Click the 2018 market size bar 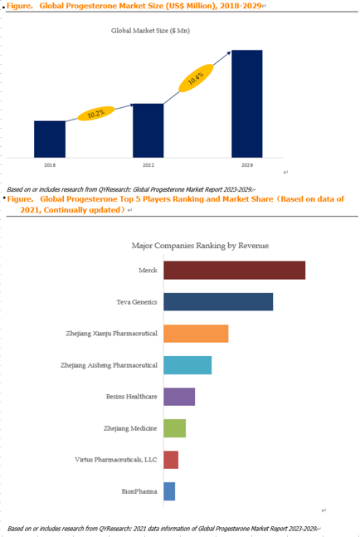click(x=50, y=139)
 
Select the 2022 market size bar click(x=148, y=130)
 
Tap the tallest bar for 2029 click(x=247, y=104)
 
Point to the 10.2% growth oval click(x=96, y=114)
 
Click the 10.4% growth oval click(x=196, y=78)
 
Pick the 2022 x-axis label click(x=148, y=165)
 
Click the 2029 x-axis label click(x=247, y=165)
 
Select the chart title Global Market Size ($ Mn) click(x=150, y=31)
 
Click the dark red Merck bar click(x=235, y=271)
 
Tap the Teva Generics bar click(x=218, y=302)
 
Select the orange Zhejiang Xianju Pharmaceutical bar click(x=196, y=334)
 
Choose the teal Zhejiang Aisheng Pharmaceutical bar click(x=187, y=365)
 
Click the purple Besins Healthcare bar click(x=179, y=397)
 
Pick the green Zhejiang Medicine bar click(x=174, y=428)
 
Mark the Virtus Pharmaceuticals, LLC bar click(x=171, y=460)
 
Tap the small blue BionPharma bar click(x=169, y=491)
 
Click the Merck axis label click(x=148, y=271)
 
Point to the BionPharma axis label click(x=139, y=491)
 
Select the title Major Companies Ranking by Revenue click(x=200, y=246)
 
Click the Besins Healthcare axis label click(x=132, y=397)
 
